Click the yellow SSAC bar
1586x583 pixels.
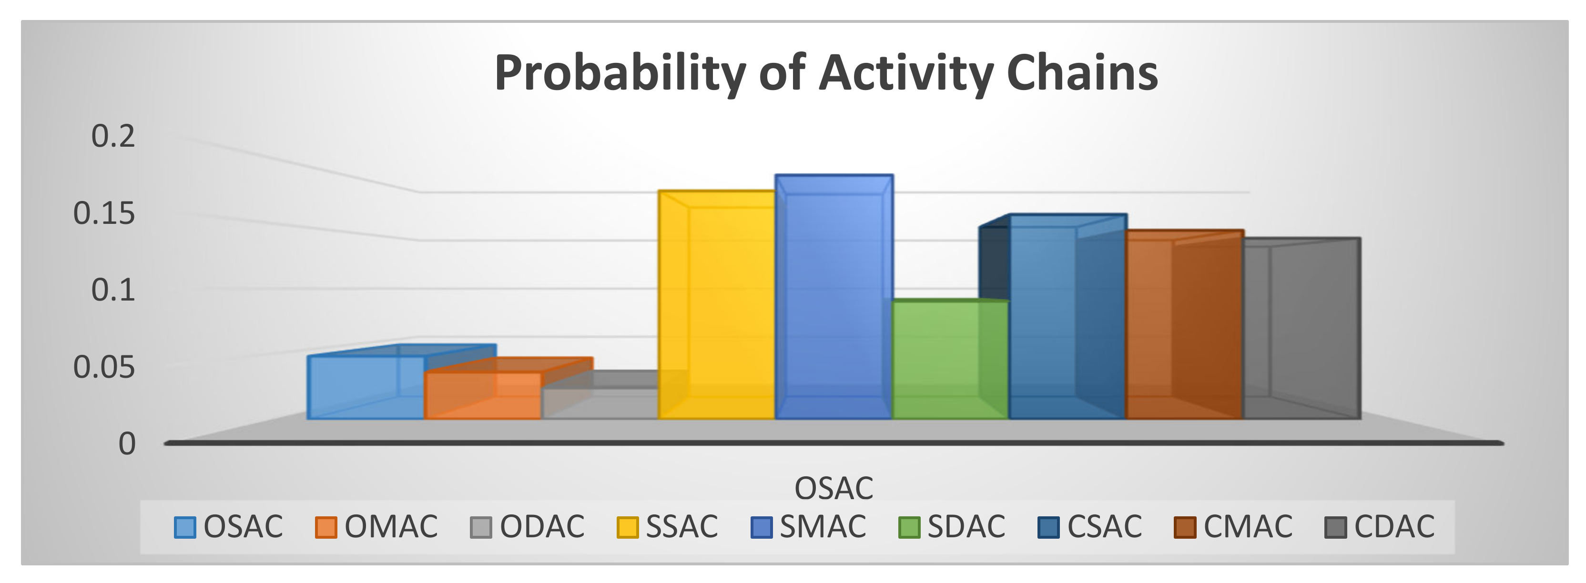(716, 305)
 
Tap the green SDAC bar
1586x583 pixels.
(949, 360)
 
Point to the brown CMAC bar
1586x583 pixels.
(1183, 326)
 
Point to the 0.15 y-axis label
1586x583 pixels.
(103, 213)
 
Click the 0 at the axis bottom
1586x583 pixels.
(127, 444)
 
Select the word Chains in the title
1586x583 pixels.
(1082, 73)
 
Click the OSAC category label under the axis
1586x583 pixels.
(834, 488)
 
